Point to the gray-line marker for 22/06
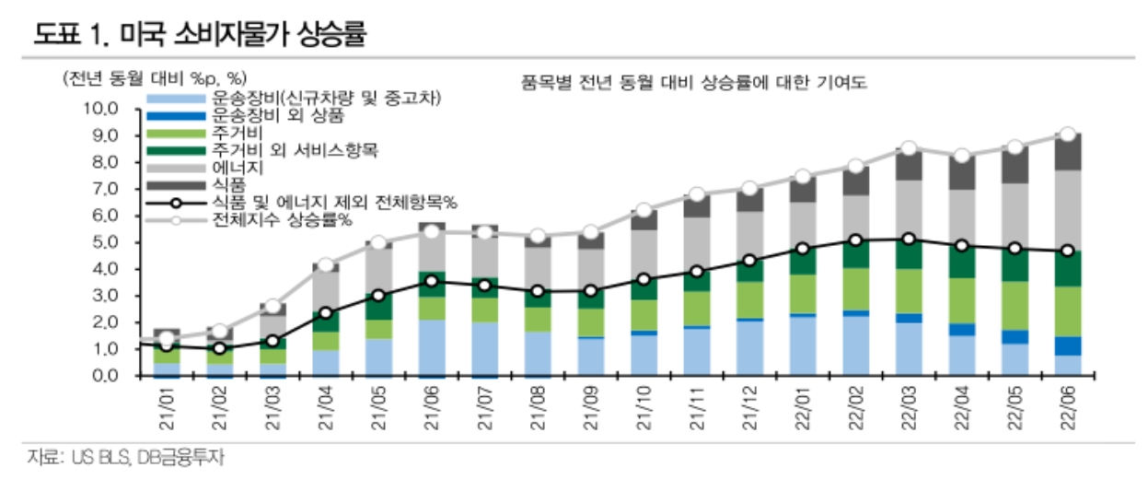click(1066, 134)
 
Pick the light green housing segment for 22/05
click(1014, 305)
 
